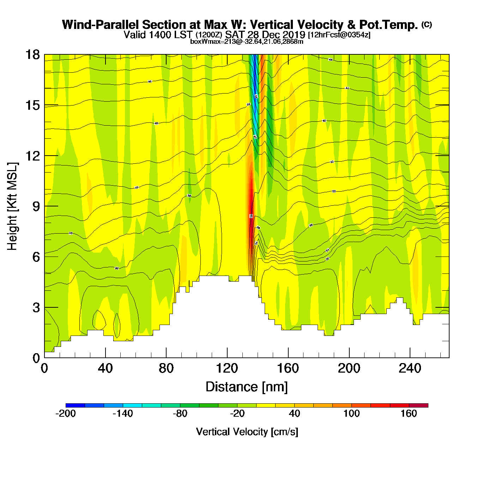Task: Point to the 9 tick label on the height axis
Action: pyautogui.click(x=36, y=206)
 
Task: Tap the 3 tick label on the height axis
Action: pyautogui.click(x=36, y=308)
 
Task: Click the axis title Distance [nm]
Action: pyautogui.click(x=247, y=387)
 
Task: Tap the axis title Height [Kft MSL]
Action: pyautogui.click(x=12, y=206)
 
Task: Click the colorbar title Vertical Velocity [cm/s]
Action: pyautogui.click(x=247, y=432)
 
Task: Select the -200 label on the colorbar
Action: pyautogui.click(x=66, y=414)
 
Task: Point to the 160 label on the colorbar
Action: pyautogui.click(x=409, y=414)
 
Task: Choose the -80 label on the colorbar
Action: pyautogui.click(x=180, y=414)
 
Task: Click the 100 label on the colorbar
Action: pyautogui.click(x=351, y=414)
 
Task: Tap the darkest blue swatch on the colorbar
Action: pyautogui.click(x=75, y=405)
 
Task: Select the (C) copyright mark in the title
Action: pyautogui.click(x=427, y=24)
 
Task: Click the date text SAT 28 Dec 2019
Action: pyautogui.click(x=265, y=35)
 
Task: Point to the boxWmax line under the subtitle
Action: pyautogui.click(x=247, y=42)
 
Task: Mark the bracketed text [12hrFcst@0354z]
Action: pyautogui.click(x=339, y=35)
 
